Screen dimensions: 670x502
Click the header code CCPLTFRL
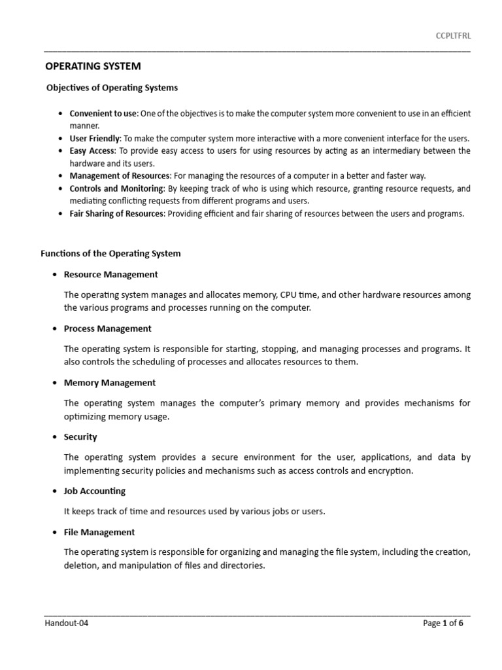pyautogui.click(x=453, y=35)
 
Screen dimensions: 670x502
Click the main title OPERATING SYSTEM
pyautogui.click(x=92, y=66)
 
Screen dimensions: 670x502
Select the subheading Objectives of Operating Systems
pyautogui.click(x=112, y=87)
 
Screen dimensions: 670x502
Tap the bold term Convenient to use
pyautogui.click(x=103, y=113)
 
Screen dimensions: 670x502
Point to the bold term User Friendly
pyautogui.click(x=95, y=138)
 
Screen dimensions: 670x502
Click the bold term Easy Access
pyautogui.click(x=92, y=150)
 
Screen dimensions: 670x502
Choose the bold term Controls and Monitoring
pyautogui.click(x=116, y=188)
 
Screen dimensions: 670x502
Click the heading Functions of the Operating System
pyautogui.click(x=110, y=253)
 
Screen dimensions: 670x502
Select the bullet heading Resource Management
pyautogui.click(x=111, y=274)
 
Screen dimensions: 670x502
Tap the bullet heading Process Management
pyautogui.click(x=108, y=328)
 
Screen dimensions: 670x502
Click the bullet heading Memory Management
pyautogui.click(x=110, y=383)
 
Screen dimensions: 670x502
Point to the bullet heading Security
pyautogui.click(x=80, y=436)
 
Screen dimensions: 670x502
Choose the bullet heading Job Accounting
pyautogui.click(x=95, y=491)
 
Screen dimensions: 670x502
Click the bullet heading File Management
pyautogui.click(x=99, y=532)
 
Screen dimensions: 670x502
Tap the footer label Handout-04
pyautogui.click(x=66, y=623)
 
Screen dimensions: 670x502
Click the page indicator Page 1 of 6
pyautogui.click(x=443, y=623)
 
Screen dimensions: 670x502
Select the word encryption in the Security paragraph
pyautogui.click(x=390, y=470)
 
